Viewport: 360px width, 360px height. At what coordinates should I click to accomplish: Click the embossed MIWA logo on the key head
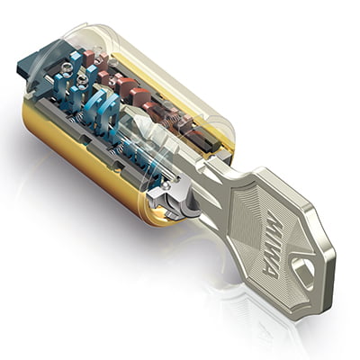click(x=273, y=243)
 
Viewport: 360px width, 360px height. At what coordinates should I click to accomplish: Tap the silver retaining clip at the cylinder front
click(x=173, y=199)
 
